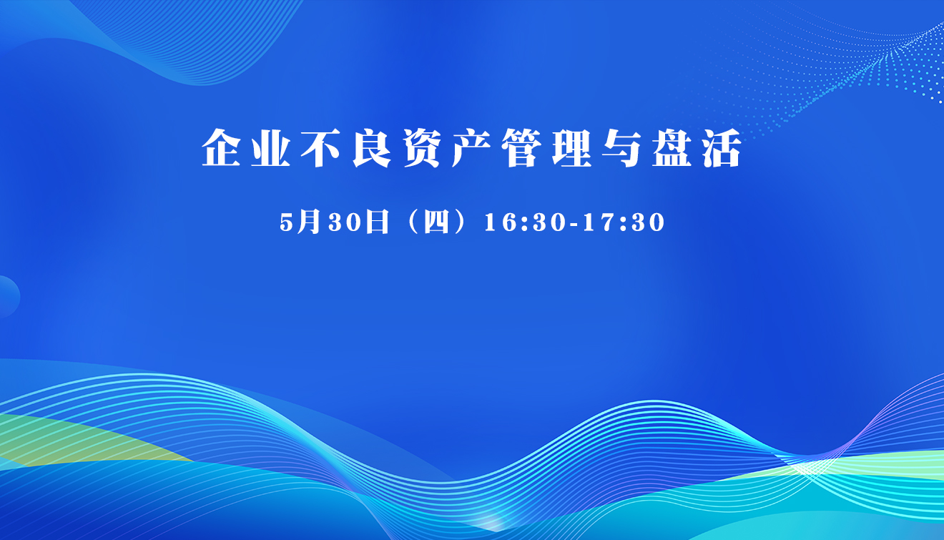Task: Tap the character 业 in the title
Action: [x=271, y=147]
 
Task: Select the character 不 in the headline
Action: [x=320, y=147]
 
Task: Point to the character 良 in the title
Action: [x=372, y=147]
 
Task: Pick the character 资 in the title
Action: [x=422, y=147]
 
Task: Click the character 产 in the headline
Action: [x=471, y=147]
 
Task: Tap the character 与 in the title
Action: [x=622, y=147]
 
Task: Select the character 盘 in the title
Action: [x=672, y=147]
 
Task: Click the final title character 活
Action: [x=722, y=147]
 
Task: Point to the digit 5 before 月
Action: [x=286, y=222]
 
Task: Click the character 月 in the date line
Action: [x=308, y=222]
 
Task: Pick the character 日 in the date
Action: [x=377, y=222]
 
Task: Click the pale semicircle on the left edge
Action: [x=9, y=297]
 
